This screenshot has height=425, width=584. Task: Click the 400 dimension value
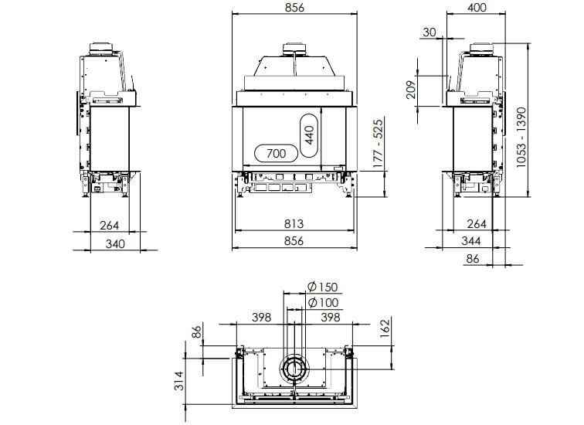pos(477,8)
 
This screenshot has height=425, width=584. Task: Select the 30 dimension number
pos(430,32)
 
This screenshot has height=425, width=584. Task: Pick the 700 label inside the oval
pos(276,153)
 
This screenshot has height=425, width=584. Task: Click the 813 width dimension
pos(294,224)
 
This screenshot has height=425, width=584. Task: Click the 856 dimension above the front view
pos(294,8)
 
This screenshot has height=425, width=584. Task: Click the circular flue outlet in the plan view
pos(294,369)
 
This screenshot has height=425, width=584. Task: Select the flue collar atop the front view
pos(294,49)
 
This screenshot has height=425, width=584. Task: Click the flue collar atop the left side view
pos(104,49)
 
